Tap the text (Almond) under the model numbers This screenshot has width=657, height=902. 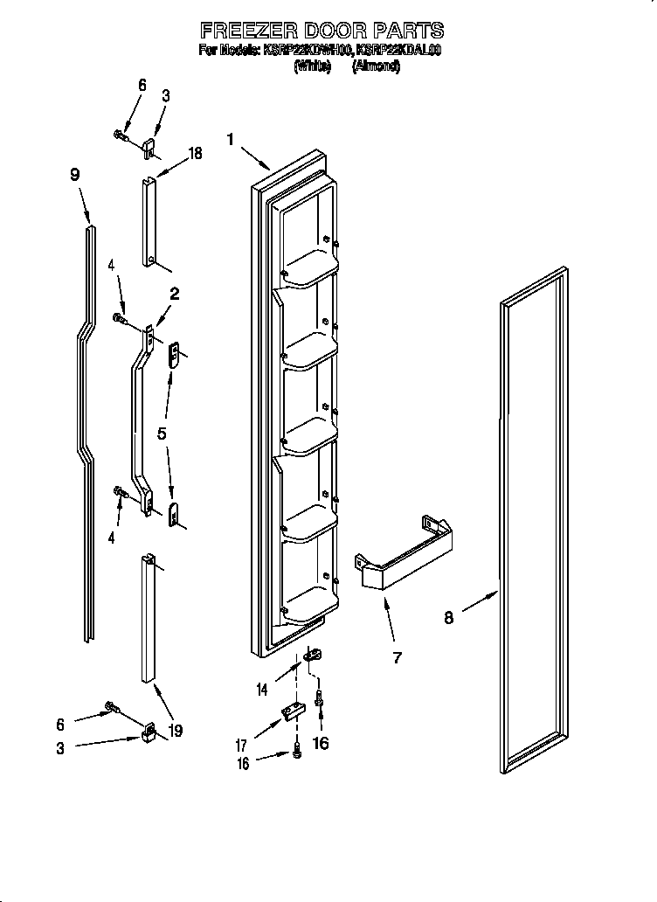coord(377,66)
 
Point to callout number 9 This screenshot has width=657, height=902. coord(75,175)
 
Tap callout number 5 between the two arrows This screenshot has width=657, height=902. coord(163,433)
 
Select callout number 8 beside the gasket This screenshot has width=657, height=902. coord(448,617)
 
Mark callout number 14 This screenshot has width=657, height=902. coord(261,690)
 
